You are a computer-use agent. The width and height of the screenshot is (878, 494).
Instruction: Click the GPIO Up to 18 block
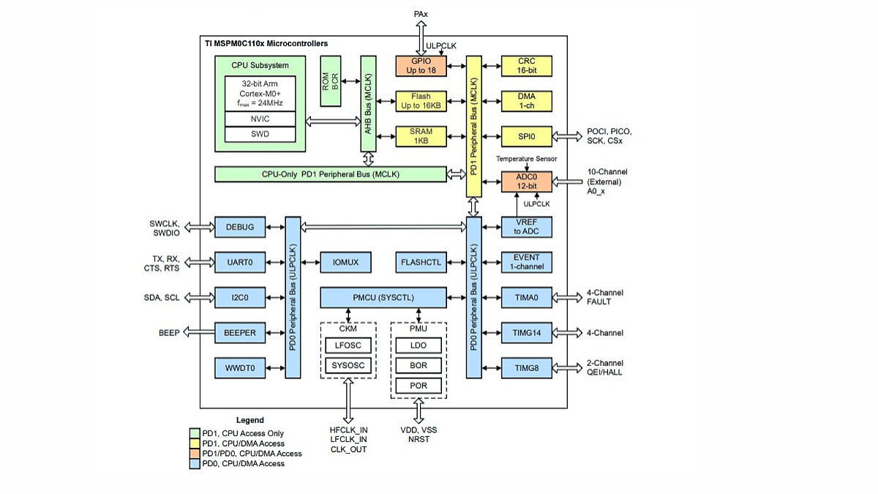tap(421, 66)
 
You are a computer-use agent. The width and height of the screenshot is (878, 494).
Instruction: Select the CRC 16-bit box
tap(526, 66)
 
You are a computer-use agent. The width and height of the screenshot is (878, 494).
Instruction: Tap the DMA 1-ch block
tap(526, 101)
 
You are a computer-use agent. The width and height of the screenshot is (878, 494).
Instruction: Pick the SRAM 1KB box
tap(421, 136)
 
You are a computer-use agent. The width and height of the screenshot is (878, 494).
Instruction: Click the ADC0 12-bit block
tap(526, 181)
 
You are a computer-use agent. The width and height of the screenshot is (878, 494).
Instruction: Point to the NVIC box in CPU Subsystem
tap(260, 119)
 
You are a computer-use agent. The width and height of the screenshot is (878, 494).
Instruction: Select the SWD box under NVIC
tap(260, 134)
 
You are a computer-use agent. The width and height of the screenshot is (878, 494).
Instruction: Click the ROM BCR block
tap(331, 81)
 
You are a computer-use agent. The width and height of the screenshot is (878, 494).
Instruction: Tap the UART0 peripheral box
tap(235, 262)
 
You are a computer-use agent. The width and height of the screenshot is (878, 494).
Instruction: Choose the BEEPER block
tap(235, 333)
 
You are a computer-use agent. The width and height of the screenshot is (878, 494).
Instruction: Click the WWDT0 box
tap(235, 368)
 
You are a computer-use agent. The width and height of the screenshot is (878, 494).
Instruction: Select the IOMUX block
tap(346, 262)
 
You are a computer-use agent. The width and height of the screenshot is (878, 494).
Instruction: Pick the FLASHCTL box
tap(421, 262)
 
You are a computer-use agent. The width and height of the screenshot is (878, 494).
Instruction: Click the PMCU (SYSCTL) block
tap(383, 298)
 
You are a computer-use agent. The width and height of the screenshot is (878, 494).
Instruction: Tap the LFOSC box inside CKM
tap(348, 345)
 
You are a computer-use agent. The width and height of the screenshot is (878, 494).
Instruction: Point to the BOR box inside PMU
tap(419, 364)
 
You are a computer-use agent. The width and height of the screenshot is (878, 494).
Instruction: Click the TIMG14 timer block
tap(526, 333)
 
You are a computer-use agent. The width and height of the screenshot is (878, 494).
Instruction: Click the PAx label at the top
tap(421, 14)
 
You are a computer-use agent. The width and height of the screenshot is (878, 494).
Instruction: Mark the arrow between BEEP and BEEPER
tap(197, 333)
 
